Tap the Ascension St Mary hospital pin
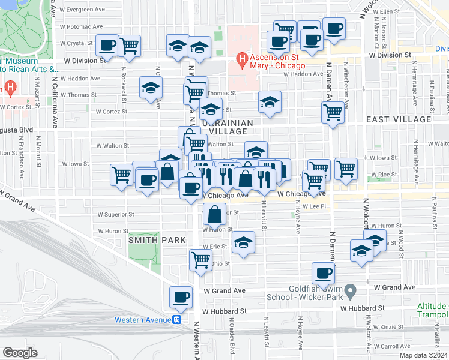(243, 58)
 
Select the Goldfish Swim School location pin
(354, 291)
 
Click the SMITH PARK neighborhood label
(148, 240)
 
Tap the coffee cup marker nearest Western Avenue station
(181, 296)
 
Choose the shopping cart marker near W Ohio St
(200, 260)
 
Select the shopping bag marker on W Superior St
(214, 214)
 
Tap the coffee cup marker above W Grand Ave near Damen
(323, 274)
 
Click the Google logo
(20, 352)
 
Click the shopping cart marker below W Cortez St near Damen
(333, 112)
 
